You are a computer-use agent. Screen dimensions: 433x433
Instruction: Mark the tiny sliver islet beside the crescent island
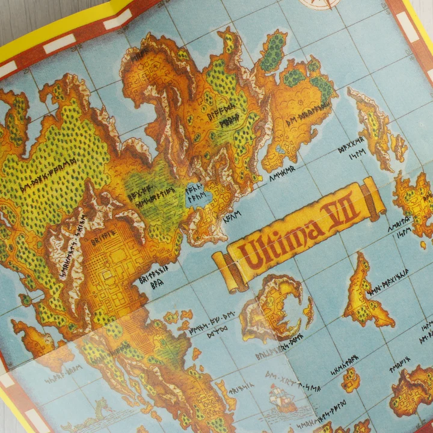click(x=309, y=313)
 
